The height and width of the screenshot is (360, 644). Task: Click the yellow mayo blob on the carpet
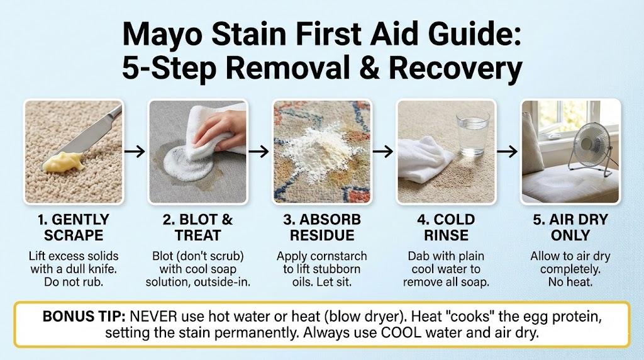[x=64, y=162]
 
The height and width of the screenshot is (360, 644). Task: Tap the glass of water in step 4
[x=473, y=132]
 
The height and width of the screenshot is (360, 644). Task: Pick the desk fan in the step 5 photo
[x=590, y=146]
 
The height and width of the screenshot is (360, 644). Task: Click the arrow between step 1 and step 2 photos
[x=135, y=152]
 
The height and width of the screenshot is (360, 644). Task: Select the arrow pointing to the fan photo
[x=508, y=152]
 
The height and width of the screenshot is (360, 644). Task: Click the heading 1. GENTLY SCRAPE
[x=74, y=227]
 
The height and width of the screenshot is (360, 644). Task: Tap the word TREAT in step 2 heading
[x=198, y=235]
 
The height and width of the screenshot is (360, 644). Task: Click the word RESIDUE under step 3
[x=322, y=235]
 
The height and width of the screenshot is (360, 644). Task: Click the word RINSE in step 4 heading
[x=446, y=235]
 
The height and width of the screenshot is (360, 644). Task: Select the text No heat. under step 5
[x=570, y=282]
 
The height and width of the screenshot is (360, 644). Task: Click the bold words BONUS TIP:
[x=84, y=317]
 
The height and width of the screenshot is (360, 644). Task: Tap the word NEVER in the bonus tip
[x=153, y=317]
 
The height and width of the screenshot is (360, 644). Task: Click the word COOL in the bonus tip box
[x=401, y=332]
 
